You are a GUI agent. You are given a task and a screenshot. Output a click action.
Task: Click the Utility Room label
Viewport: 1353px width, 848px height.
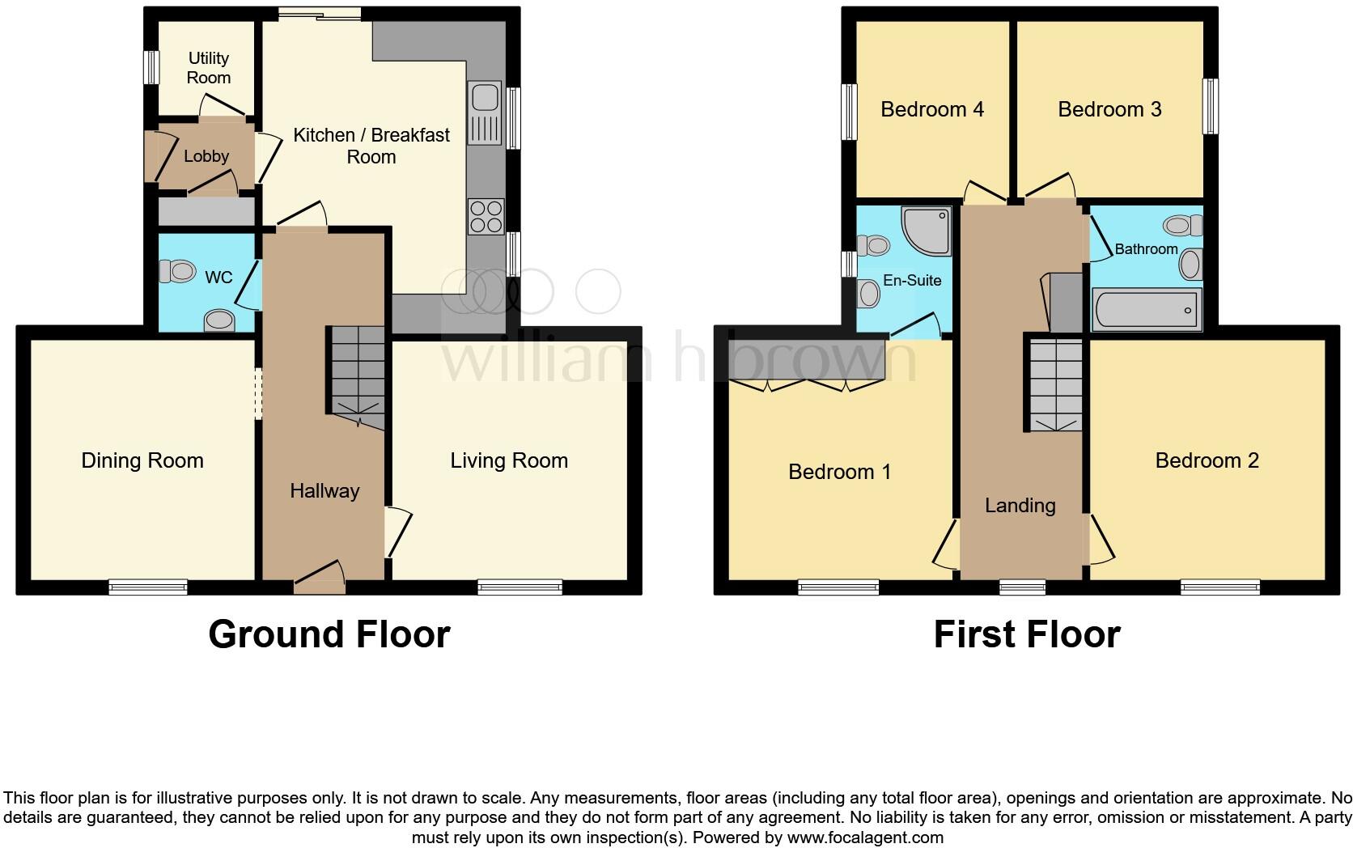209,68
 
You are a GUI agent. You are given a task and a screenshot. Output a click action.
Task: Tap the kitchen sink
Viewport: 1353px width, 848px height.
485,97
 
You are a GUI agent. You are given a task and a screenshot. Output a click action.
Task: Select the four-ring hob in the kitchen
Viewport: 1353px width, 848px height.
486,216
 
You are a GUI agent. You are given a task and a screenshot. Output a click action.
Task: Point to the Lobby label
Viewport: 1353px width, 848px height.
206,156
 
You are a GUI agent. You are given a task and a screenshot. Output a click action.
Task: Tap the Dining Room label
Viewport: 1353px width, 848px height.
142,460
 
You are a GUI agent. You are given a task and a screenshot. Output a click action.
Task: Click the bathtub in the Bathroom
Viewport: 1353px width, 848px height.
1145,311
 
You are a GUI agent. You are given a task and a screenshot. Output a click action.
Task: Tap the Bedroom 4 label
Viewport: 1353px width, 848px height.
932,109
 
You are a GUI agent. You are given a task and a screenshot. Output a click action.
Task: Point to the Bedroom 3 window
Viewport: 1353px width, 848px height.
1210,106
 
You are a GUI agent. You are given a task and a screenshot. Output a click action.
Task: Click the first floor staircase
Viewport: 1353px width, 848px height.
1056,384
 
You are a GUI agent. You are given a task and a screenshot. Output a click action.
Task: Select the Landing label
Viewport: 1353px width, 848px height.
1020,506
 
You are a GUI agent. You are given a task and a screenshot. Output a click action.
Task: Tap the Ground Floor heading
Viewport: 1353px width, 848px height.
329,634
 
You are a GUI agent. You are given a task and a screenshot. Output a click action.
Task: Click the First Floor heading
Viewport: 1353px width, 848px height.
1026,634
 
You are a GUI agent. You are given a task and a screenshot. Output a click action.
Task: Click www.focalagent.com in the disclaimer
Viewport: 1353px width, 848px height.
866,837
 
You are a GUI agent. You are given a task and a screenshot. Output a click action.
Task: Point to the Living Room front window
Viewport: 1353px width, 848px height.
520,587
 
